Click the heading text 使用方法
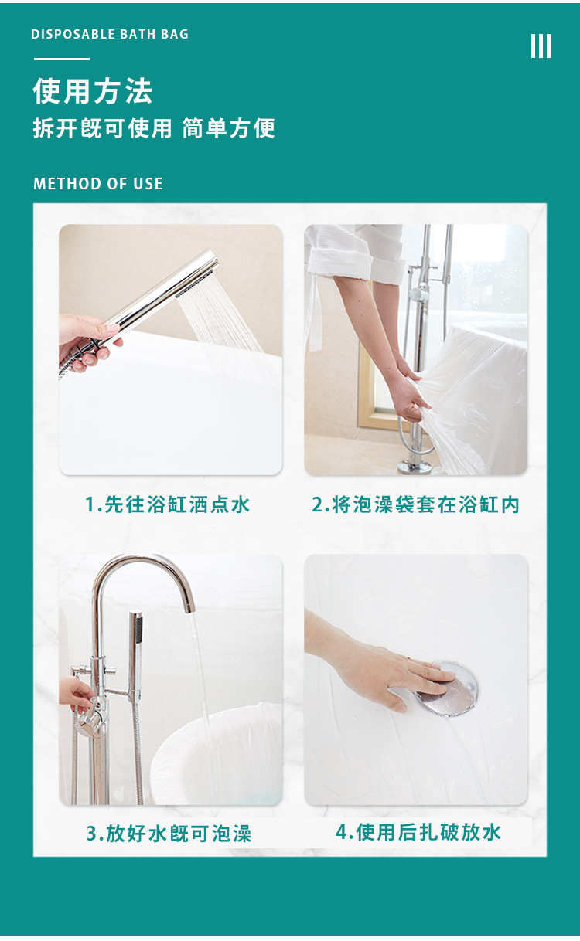point(92,91)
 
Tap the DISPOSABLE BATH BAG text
point(109,34)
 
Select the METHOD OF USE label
point(97,184)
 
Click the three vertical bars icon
point(541,46)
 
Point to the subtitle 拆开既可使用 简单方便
point(153,128)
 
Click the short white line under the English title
point(61,59)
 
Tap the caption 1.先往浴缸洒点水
point(168,505)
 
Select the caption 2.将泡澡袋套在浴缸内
point(415,505)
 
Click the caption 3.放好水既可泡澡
point(169,834)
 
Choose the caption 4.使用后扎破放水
point(418,832)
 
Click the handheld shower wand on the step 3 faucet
point(136,649)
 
